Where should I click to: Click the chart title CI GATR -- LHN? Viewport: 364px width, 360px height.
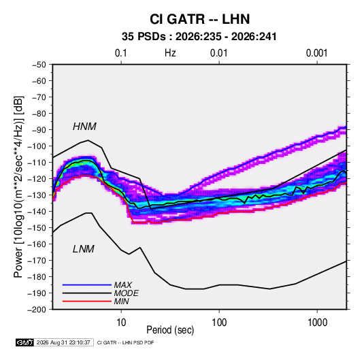click(x=199, y=19)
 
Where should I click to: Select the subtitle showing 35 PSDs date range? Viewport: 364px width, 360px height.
click(x=199, y=37)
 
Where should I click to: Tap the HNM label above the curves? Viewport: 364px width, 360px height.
click(x=84, y=127)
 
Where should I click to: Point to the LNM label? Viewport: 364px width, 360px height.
click(x=84, y=249)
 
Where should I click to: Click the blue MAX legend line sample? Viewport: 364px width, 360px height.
click(x=87, y=284)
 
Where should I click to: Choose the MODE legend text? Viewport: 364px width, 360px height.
click(x=126, y=293)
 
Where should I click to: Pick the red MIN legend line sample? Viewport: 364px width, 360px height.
click(x=87, y=301)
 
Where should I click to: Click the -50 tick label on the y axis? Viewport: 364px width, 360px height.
click(x=39, y=65)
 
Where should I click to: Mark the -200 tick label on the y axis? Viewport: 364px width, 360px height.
click(x=37, y=310)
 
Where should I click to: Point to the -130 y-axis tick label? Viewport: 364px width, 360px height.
click(x=37, y=195)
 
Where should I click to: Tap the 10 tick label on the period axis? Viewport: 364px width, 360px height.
click(x=121, y=323)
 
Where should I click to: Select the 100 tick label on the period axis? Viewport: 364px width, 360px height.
click(x=219, y=323)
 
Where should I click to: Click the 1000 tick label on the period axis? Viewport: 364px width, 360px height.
click(x=317, y=323)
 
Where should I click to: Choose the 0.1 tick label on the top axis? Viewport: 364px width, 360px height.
click(x=121, y=53)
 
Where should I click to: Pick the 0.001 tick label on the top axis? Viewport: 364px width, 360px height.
click(x=316, y=53)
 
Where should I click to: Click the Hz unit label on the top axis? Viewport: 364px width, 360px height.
click(x=170, y=53)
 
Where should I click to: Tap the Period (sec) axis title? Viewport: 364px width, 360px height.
click(x=170, y=330)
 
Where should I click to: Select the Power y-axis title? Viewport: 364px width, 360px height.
click(x=19, y=186)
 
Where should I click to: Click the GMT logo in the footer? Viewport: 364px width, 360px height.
click(x=24, y=342)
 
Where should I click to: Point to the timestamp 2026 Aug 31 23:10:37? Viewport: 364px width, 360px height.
click(x=63, y=342)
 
